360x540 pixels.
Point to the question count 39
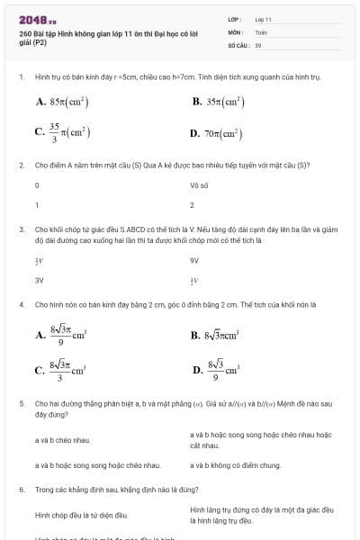[258, 44]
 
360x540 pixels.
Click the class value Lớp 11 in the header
[263, 18]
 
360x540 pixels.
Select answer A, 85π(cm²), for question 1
[62, 103]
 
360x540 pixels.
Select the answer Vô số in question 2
[199, 185]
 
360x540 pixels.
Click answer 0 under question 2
[37, 185]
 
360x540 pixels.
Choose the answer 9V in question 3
[193, 261]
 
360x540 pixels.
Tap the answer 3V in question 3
[39, 280]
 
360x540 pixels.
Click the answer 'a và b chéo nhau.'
[62, 440]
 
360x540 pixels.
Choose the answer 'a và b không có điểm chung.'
[229, 465]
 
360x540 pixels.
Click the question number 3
[21, 229]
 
